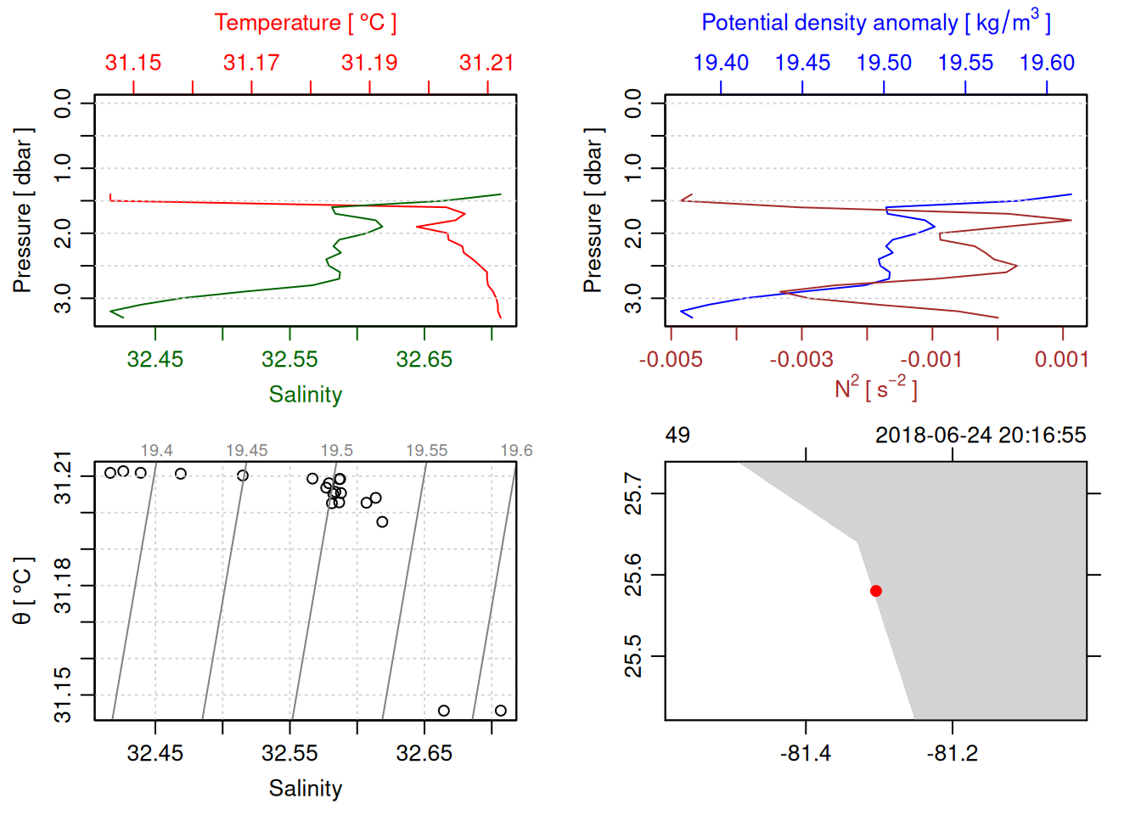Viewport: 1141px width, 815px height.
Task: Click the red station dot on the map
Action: pyautogui.click(x=875, y=591)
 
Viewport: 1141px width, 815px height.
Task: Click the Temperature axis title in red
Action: pyautogui.click(x=305, y=23)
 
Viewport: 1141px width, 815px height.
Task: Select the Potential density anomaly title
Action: pyautogui.click(x=875, y=22)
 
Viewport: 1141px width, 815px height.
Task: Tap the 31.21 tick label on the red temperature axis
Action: pyautogui.click(x=486, y=63)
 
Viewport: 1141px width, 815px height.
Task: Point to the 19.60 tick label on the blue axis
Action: pyautogui.click(x=1047, y=63)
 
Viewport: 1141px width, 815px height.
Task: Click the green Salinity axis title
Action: pyautogui.click(x=306, y=395)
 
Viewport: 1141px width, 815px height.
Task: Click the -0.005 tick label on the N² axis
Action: pyautogui.click(x=671, y=360)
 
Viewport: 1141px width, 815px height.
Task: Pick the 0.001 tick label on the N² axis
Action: pyautogui.click(x=1061, y=360)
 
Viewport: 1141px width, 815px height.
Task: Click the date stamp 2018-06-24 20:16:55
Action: pyautogui.click(x=981, y=436)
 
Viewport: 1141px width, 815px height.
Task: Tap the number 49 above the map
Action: pyautogui.click(x=677, y=436)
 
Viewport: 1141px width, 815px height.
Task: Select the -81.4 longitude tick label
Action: pyautogui.click(x=805, y=754)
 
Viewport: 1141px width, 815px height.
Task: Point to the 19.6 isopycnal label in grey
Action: pyautogui.click(x=516, y=451)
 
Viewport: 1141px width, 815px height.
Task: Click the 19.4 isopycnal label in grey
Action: pyautogui.click(x=156, y=451)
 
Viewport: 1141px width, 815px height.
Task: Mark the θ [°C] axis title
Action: pyautogui.click(x=23, y=591)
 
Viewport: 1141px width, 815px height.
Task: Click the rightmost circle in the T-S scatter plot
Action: pyautogui.click(x=501, y=711)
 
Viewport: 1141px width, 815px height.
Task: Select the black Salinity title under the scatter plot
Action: pyautogui.click(x=306, y=789)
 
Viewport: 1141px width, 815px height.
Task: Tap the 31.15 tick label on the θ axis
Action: pyautogui.click(x=64, y=694)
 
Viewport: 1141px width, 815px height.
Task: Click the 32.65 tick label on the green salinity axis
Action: pyautogui.click(x=424, y=360)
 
